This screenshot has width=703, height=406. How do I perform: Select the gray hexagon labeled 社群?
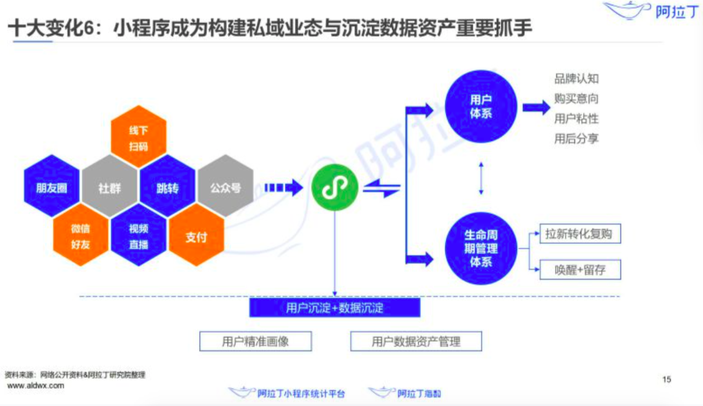(110, 188)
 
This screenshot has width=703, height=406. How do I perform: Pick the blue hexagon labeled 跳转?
(168, 188)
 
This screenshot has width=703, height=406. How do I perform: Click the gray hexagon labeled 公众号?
(225, 187)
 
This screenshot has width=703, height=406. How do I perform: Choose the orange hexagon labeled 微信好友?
(81, 236)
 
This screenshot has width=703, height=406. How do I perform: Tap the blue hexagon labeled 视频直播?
(139, 236)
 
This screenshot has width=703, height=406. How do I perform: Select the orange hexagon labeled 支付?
(196, 237)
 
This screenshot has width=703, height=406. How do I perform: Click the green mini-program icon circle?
(334, 188)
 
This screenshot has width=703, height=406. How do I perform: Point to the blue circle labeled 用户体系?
(480, 106)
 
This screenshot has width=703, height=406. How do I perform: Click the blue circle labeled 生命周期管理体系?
(480, 248)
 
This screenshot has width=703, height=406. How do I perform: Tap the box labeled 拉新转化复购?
(579, 234)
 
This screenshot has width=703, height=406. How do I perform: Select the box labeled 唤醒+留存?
(579, 269)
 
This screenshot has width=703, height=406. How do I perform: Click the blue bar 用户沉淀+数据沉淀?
(334, 308)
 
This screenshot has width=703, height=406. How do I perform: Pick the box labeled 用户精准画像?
(255, 341)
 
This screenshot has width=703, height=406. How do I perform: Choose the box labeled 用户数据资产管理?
(416, 341)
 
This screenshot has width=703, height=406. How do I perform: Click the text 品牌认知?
(576, 79)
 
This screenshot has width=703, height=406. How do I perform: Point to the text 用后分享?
(576, 139)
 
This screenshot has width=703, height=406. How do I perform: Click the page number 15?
(667, 379)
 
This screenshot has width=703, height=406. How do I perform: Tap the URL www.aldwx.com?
(35, 385)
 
